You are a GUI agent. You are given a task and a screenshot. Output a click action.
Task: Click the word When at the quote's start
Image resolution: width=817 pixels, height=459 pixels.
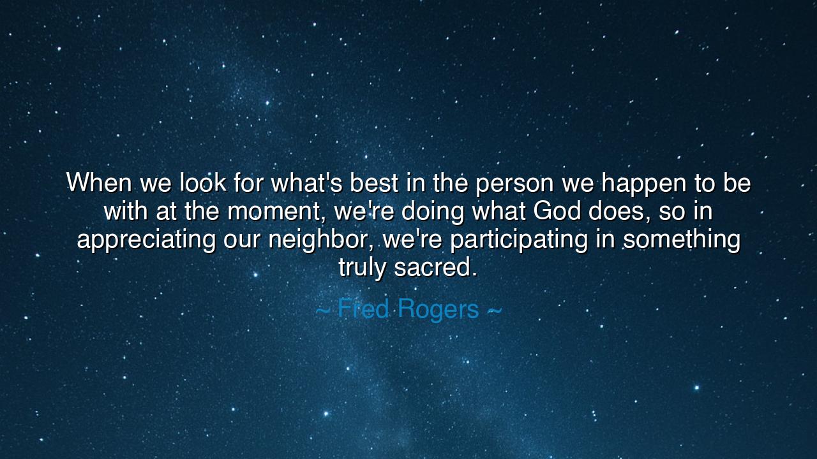click(99, 182)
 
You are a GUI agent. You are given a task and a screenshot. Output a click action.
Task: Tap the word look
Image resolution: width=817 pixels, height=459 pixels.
click(203, 182)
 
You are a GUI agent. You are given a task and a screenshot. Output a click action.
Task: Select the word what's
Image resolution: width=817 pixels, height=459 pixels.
click(306, 182)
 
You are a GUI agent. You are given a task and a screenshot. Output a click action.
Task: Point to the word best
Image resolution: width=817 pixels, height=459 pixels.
click(374, 182)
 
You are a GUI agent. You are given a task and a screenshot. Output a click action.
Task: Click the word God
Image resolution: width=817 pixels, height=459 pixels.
click(557, 210)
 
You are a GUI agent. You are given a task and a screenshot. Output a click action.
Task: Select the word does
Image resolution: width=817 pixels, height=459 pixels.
click(620, 211)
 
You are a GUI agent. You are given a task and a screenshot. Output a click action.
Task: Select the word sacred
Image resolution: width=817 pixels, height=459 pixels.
click(435, 267)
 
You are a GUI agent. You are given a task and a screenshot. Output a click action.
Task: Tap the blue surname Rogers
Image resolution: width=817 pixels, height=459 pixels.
click(438, 310)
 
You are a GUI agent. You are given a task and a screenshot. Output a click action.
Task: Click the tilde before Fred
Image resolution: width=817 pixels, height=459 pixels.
click(323, 310)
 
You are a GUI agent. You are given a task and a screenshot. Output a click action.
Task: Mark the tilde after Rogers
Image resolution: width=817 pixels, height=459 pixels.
click(495, 310)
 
